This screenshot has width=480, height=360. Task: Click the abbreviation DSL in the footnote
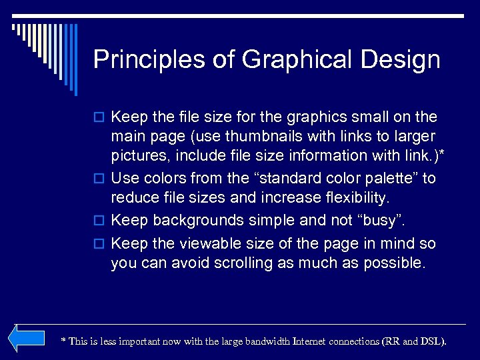433,341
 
